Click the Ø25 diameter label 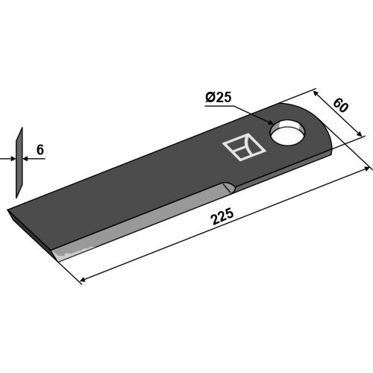point(219,97)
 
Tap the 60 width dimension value point(340,105)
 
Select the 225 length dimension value point(222,217)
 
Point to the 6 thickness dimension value point(40,150)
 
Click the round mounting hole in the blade point(288,133)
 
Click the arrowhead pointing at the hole point(270,122)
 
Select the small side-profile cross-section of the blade point(19,163)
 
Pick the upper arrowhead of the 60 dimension point(316,93)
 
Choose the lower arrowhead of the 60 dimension point(359,134)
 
